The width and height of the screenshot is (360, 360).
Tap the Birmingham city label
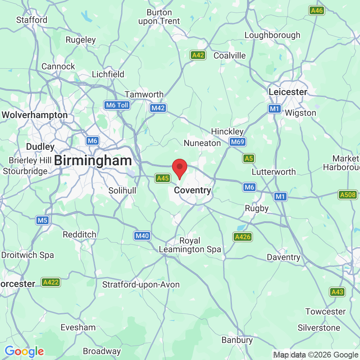tap(93, 161)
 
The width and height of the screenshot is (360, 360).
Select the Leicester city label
tap(288, 92)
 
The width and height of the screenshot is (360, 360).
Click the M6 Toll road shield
tap(117, 105)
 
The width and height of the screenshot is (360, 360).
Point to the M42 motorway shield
tap(158, 108)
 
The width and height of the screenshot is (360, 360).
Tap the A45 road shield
tap(162, 178)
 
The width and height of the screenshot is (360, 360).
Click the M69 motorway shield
tap(238, 142)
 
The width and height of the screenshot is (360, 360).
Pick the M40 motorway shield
tap(142, 236)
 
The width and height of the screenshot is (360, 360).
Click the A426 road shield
tap(242, 237)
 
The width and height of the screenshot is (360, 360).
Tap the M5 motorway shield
tap(42, 220)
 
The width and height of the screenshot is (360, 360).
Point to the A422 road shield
tap(50, 282)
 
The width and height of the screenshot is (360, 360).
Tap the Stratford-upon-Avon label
tap(141, 285)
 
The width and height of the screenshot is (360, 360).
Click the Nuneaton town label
tap(202, 143)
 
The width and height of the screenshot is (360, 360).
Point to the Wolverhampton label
tap(35, 115)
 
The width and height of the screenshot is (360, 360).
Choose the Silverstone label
tap(319, 328)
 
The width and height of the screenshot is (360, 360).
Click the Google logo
tap(24, 351)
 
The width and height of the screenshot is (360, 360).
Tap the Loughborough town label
tap(272, 35)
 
